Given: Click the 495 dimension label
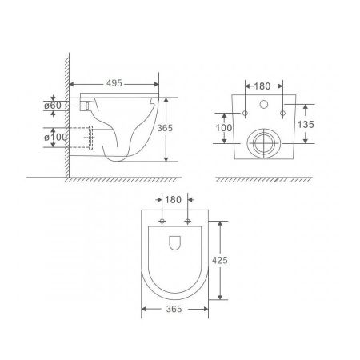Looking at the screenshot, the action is pos(114,83).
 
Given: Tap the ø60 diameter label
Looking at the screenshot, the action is pos(53,106).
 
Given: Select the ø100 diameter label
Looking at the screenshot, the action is pos(56,138).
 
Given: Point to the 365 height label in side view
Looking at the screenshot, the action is pos(165,128).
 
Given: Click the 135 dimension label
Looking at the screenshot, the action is pos(306,124).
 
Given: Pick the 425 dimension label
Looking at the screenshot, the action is pos(220,260).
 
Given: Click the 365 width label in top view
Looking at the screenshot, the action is pos(174,309).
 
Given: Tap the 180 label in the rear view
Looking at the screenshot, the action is pos(262,86).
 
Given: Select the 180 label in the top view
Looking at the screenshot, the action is pos(173,200).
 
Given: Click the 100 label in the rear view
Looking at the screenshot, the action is pos(223,128).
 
